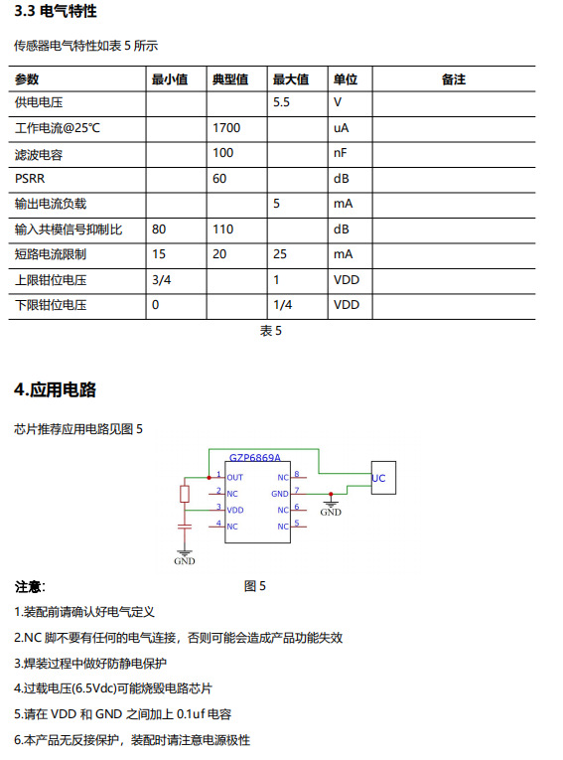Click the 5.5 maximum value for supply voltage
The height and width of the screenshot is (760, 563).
point(281,102)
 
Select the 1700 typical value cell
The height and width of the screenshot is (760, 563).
point(226,128)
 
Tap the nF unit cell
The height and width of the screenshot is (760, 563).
point(341,153)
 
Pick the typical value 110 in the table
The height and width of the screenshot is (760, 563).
point(223,229)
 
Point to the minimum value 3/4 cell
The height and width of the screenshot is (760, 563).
point(162,280)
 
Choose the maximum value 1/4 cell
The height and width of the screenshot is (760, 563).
point(283,305)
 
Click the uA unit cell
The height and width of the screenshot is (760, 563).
point(341,128)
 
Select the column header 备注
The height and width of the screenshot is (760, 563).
point(453,79)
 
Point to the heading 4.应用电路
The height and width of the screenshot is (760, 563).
point(55,389)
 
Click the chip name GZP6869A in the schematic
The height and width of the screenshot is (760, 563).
point(255,458)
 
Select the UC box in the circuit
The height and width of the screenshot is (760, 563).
point(379,479)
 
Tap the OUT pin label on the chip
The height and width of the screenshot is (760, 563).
point(235,478)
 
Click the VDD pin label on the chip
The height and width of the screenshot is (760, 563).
point(235,510)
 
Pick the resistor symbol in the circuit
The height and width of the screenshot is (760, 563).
point(184,494)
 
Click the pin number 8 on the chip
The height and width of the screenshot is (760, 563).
point(297,475)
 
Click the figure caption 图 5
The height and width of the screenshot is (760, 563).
point(255,586)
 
